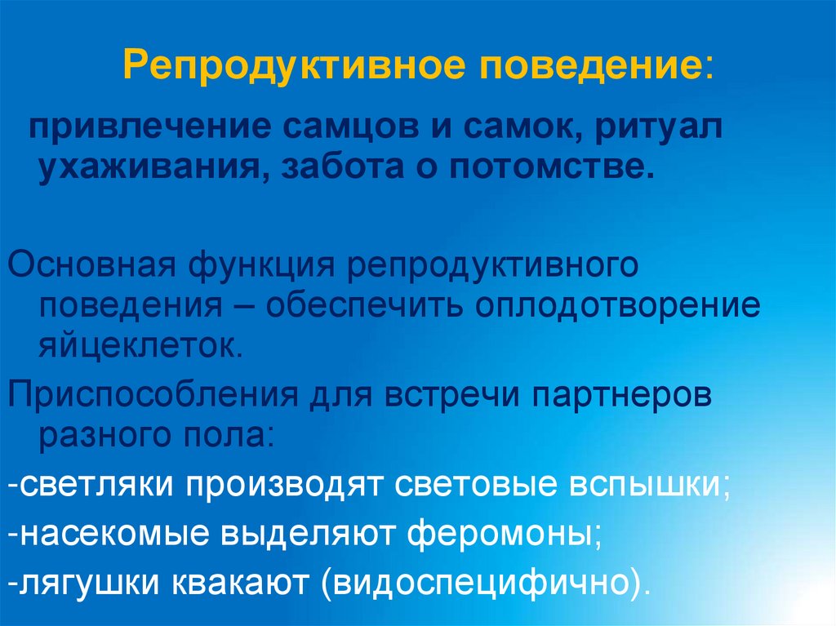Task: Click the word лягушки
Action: click(91, 583)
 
